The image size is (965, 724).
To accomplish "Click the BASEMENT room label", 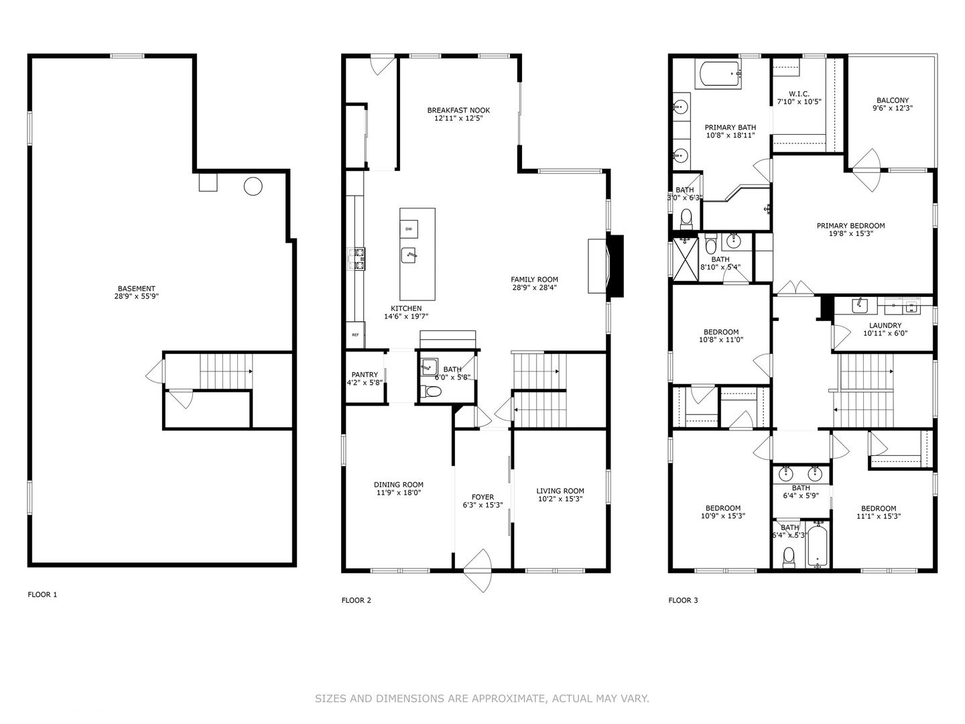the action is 136,288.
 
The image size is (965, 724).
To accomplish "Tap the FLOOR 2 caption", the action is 356,600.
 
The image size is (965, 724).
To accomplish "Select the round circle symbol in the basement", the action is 253,186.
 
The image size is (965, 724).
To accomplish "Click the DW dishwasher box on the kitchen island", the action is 409,229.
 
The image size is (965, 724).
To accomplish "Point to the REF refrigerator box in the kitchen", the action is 355,335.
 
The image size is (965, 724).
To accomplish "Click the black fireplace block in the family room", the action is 615,266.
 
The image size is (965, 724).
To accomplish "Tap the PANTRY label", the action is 365,375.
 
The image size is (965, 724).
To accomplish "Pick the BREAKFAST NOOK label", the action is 458,110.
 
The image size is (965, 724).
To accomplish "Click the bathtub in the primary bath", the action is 718,74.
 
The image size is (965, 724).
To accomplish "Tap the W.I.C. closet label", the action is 799,94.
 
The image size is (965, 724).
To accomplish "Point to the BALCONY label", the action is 893,101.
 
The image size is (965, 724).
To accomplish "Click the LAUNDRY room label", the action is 885,325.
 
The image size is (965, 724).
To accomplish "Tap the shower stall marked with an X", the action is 686,259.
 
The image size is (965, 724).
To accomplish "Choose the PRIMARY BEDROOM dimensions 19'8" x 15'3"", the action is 850,233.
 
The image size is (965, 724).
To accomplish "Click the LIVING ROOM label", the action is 560,491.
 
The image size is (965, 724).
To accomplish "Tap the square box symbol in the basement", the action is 208,182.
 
